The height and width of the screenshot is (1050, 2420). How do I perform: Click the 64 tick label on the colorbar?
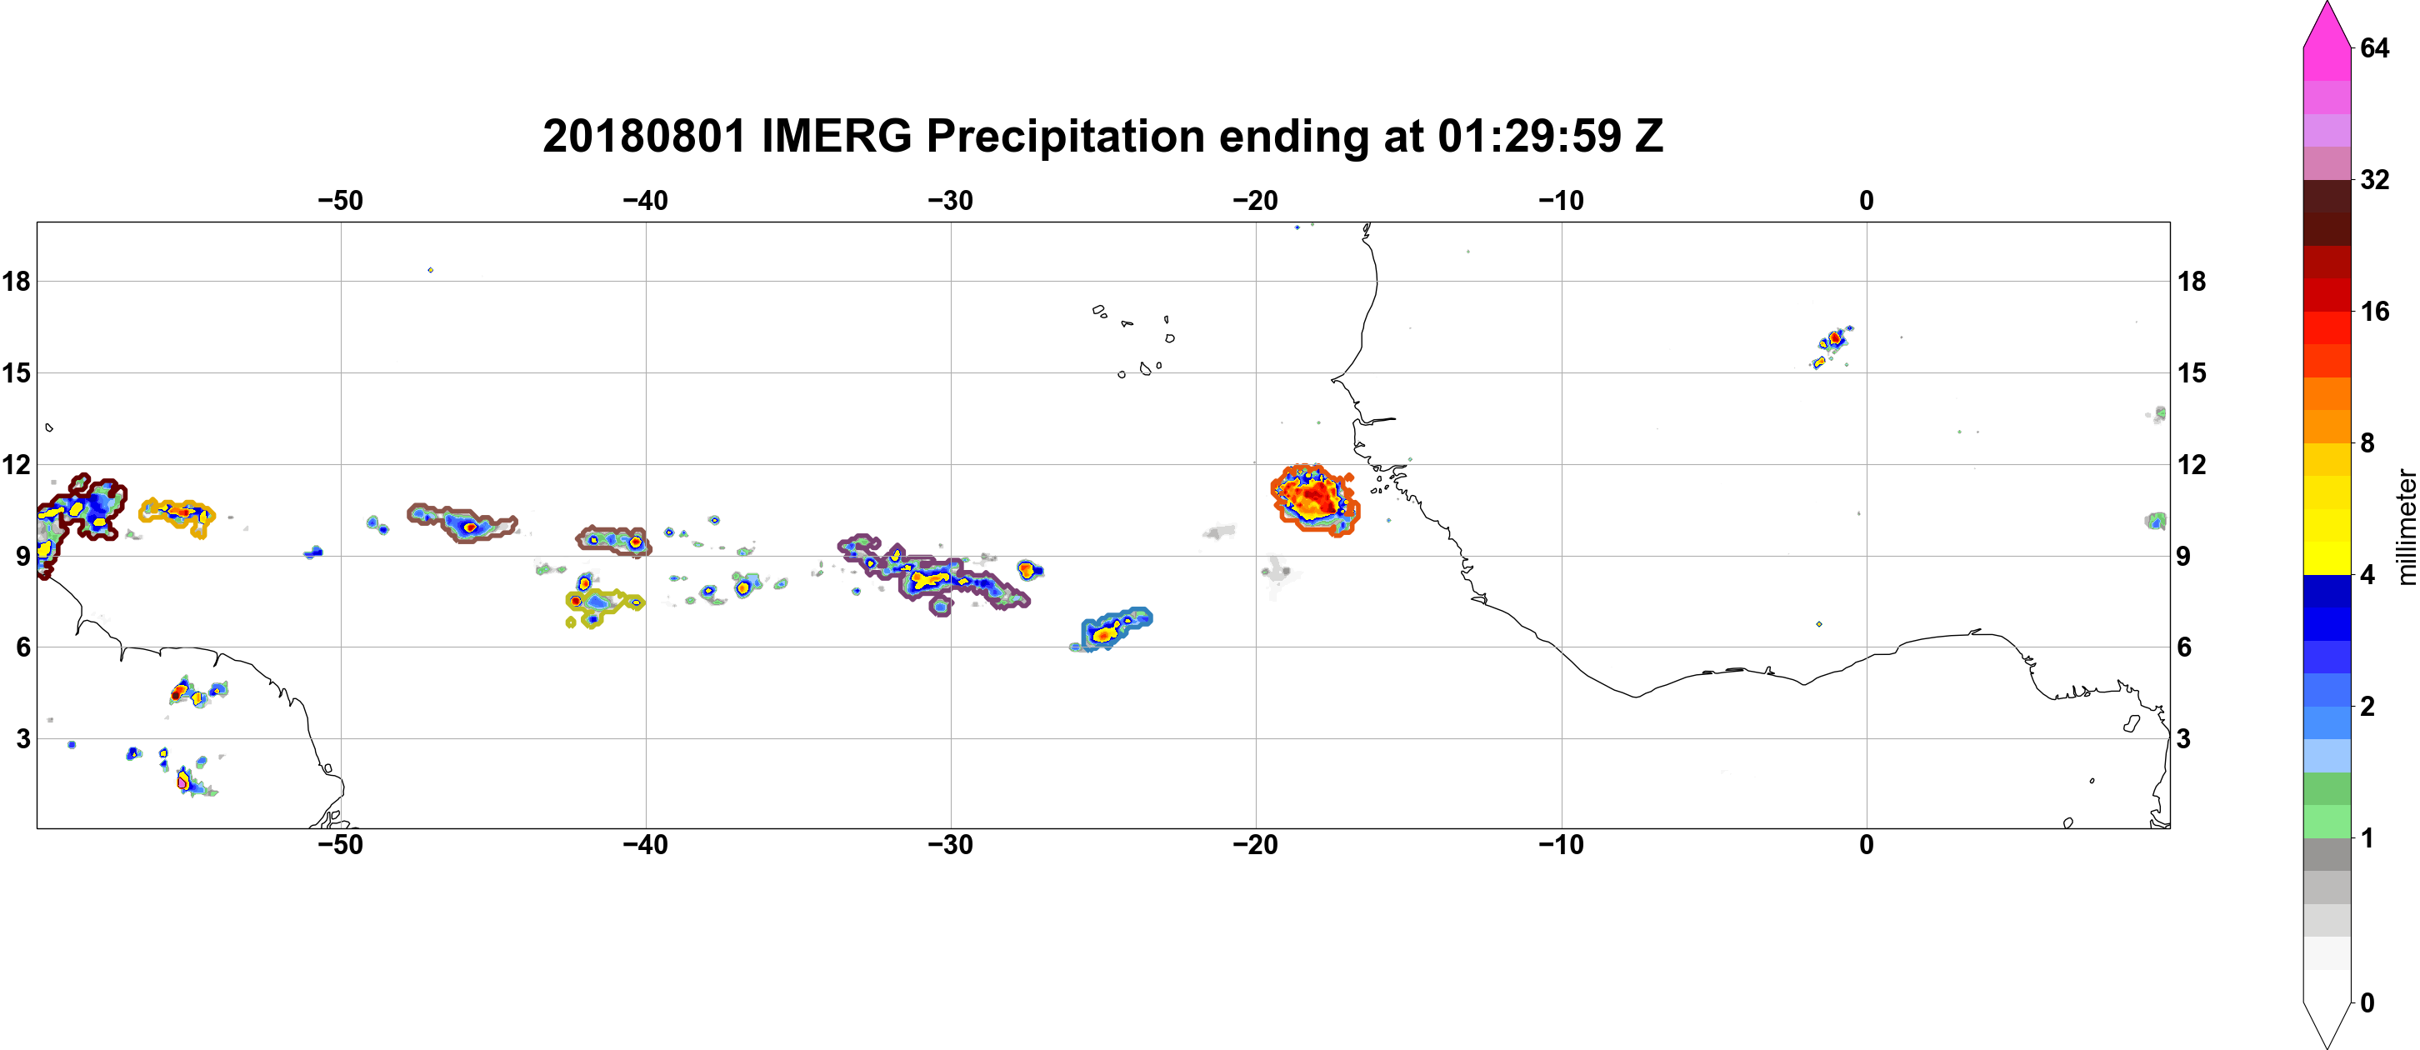[x=2374, y=47]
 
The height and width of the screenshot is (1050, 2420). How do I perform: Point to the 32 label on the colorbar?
[x=2374, y=179]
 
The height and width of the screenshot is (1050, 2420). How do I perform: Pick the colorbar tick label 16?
[x=2374, y=312]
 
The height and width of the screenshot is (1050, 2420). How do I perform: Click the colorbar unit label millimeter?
[x=2406, y=527]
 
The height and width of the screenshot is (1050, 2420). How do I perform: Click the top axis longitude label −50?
[x=340, y=201]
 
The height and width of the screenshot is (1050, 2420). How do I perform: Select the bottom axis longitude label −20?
[x=1255, y=845]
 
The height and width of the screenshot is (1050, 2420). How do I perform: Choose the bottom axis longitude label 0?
[x=1867, y=845]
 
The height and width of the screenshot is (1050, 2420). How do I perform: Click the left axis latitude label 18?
[x=16, y=281]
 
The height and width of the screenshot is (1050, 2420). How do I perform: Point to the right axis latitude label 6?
[x=2184, y=647]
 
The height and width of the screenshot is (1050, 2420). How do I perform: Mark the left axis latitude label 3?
[x=22, y=739]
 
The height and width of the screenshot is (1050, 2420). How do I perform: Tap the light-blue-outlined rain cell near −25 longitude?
[x=1112, y=629]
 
